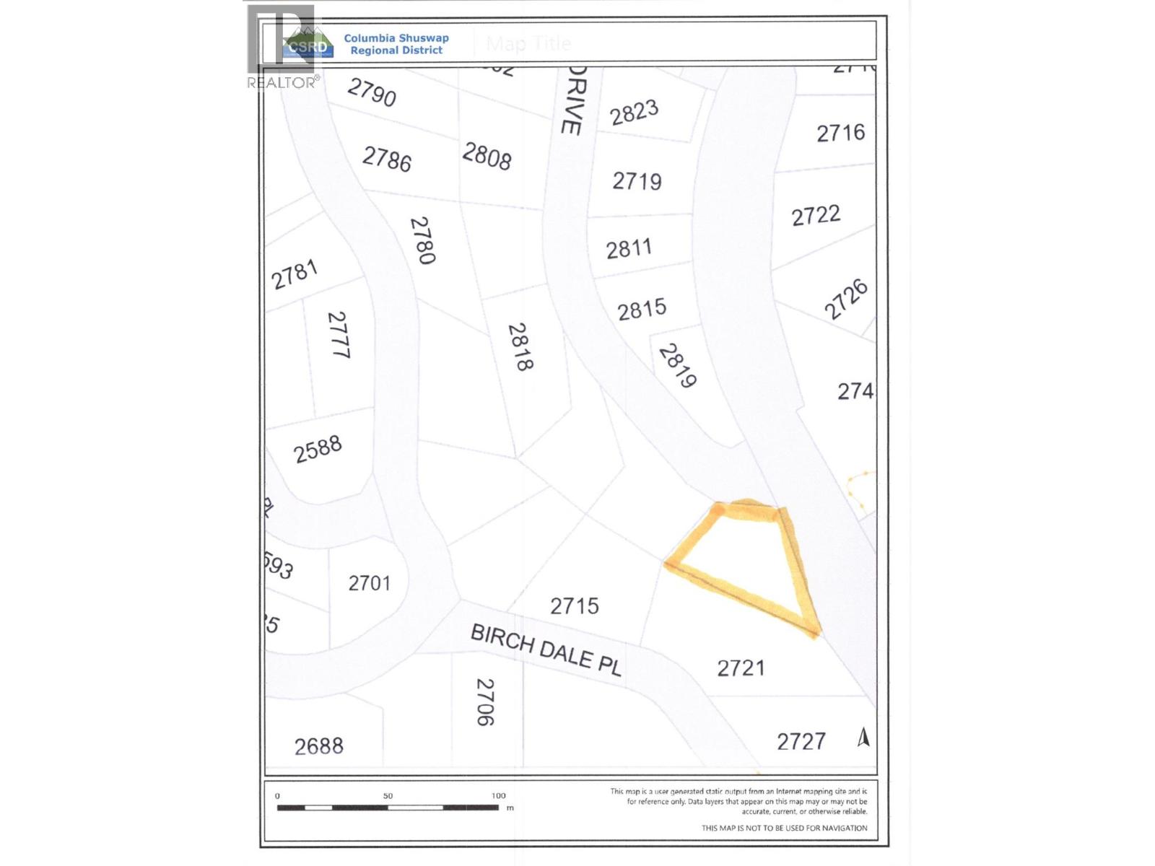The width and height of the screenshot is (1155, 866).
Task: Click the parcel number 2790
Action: click(372, 92)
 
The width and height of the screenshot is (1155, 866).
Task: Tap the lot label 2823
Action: click(634, 113)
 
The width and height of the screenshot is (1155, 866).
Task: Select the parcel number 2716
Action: click(840, 133)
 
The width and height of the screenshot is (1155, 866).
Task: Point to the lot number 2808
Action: click(487, 156)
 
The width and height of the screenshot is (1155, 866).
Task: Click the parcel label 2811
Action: click(629, 249)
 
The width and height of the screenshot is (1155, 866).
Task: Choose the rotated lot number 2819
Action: click(677, 365)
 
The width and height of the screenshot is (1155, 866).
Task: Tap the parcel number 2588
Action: click(318, 449)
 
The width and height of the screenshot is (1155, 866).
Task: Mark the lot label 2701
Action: click(369, 583)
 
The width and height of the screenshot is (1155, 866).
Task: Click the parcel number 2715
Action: click(575, 605)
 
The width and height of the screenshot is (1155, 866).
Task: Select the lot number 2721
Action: click(741, 668)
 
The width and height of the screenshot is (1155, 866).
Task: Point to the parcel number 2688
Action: click(319, 745)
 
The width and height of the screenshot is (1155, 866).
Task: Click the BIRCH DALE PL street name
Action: click(546, 650)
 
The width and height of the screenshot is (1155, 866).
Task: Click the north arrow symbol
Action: click(863, 737)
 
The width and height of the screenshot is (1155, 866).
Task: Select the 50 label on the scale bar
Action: click(388, 796)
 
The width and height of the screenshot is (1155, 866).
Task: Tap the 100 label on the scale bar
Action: click(498, 796)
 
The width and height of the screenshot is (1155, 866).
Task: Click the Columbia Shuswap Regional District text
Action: click(396, 44)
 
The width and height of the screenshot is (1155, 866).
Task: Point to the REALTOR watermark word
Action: click(282, 83)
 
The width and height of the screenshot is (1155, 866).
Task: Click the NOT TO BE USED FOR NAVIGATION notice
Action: click(784, 828)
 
